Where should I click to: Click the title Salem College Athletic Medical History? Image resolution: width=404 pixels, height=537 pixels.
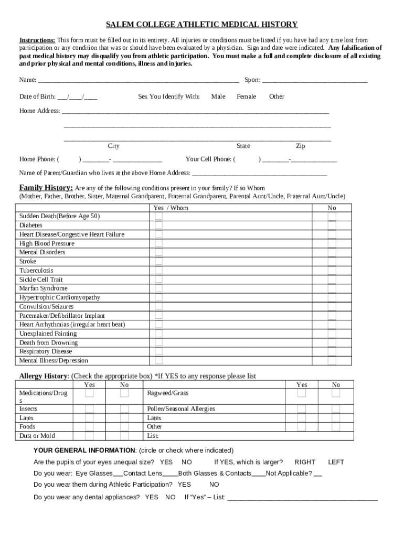[x=202, y=25]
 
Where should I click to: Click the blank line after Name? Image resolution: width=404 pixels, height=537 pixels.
[x=139, y=81]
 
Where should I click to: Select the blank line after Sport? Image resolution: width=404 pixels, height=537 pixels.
[x=315, y=81]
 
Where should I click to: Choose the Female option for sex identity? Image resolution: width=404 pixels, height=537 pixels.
[x=247, y=96]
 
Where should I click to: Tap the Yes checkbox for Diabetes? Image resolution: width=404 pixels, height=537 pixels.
[x=158, y=225]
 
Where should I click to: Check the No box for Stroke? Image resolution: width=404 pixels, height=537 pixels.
[x=332, y=261]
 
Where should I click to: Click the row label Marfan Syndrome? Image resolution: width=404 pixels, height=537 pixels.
[x=44, y=288]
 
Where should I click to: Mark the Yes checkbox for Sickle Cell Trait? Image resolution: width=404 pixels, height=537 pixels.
[x=158, y=280]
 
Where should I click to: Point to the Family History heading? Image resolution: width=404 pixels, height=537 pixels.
[x=46, y=188]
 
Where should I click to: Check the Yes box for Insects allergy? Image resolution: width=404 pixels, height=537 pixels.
[x=90, y=409]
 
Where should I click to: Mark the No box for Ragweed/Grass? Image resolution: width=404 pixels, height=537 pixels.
[x=336, y=393]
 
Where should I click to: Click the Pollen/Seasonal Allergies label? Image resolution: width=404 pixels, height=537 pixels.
[x=181, y=409]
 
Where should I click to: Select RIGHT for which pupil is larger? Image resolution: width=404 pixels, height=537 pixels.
[x=305, y=462]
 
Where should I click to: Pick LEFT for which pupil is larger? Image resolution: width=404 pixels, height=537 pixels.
[x=336, y=462]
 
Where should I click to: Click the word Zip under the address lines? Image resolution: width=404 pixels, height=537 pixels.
[x=301, y=146]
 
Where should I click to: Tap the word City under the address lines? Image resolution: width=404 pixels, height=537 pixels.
[x=113, y=146]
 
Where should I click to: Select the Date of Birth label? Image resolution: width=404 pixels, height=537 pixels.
[x=37, y=96]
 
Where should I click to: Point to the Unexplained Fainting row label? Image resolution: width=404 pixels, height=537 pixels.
[x=48, y=334]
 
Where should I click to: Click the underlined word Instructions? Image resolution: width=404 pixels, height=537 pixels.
[x=37, y=40]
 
